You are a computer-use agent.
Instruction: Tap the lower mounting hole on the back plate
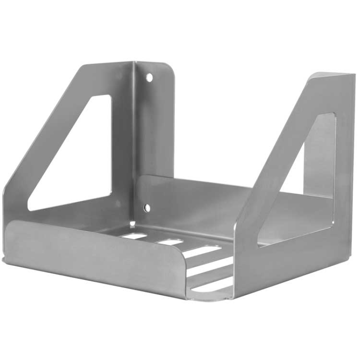[x=147, y=207]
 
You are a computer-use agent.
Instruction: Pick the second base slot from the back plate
[x=170, y=242]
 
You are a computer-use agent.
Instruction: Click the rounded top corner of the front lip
[x=180, y=252]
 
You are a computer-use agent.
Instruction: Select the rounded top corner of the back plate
[x=168, y=67]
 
